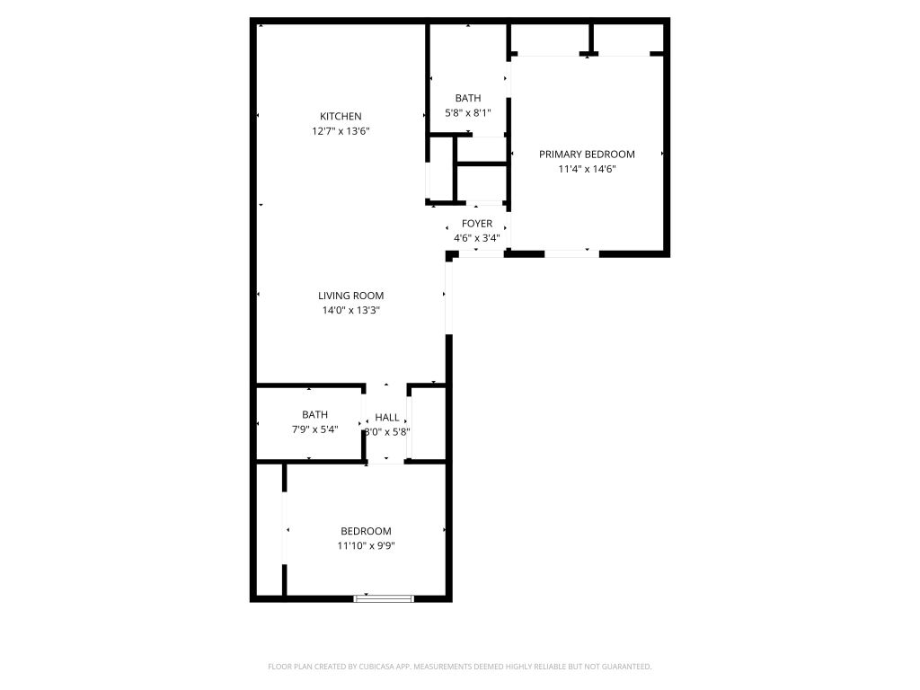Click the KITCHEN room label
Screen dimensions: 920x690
pyautogui.click(x=341, y=116)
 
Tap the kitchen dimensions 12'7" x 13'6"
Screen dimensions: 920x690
pyautogui.click(x=341, y=131)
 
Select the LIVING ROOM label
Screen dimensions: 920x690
pyautogui.click(x=351, y=296)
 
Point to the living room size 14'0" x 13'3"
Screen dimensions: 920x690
pyautogui.click(x=351, y=310)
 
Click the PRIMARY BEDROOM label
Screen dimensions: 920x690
pyautogui.click(x=587, y=155)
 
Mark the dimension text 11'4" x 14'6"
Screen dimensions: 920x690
pyautogui.click(x=587, y=169)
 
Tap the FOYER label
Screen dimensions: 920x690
pyautogui.click(x=477, y=224)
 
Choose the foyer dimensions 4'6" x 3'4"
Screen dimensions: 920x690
pyautogui.click(x=477, y=238)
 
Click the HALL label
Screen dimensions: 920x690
pyautogui.click(x=387, y=417)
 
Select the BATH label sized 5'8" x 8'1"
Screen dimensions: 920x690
pyautogui.click(x=468, y=98)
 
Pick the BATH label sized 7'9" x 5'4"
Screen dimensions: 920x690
pyautogui.click(x=315, y=414)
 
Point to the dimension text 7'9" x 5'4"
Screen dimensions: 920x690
pyautogui.click(x=315, y=429)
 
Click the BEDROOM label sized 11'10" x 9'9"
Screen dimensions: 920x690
pyautogui.click(x=367, y=531)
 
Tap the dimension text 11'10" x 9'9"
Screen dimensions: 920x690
pyautogui.click(x=367, y=545)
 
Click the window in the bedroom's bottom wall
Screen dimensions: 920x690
pyautogui.click(x=384, y=598)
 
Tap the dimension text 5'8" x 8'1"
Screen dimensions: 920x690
pyautogui.click(x=468, y=112)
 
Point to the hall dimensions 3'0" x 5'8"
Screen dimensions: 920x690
pyautogui.click(x=387, y=432)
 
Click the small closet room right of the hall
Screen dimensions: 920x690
pyautogui.click(x=429, y=423)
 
